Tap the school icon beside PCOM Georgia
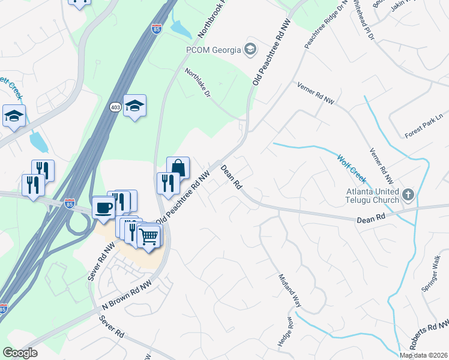click(x=250, y=49)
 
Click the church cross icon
click(x=408, y=194)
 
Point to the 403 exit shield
click(x=115, y=107)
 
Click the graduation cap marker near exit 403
click(x=135, y=106)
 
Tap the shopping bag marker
click(x=178, y=167)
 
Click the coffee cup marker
click(x=104, y=208)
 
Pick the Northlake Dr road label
click(x=198, y=82)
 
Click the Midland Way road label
click(x=289, y=291)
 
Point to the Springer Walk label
click(x=431, y=273)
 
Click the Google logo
click(x=20, y=353)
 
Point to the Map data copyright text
click(x=424, y=355)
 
